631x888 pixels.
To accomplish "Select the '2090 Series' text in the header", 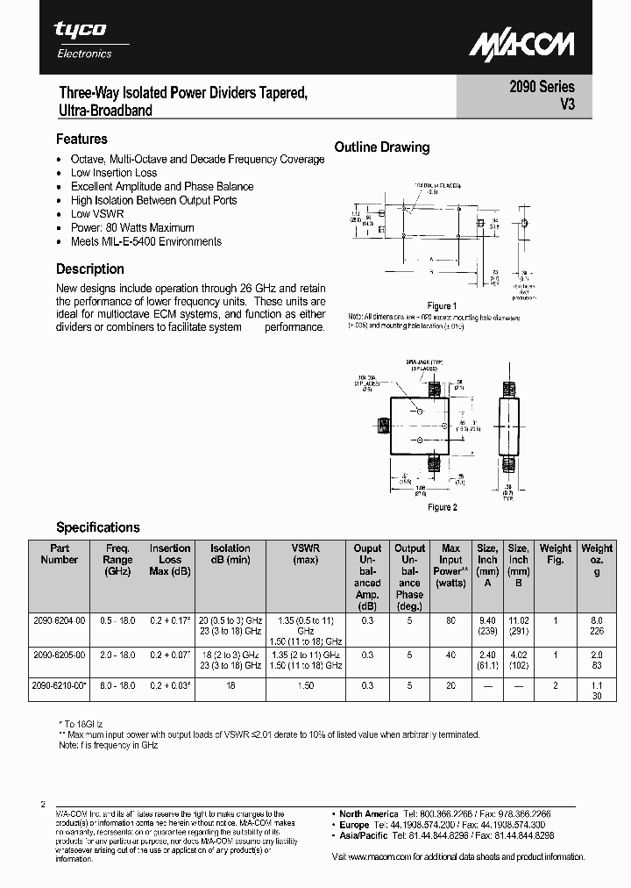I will (542, 87).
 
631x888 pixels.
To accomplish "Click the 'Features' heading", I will (82, 139).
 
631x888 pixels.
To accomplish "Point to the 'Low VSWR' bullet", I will (96, 214).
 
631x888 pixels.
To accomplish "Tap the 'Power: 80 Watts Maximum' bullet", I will (132, 228).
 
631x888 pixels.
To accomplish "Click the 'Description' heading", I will (90, 269).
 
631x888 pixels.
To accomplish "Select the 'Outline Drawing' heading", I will (382, 147).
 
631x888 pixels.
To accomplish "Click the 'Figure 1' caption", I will (442, 306).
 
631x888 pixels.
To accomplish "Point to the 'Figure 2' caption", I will (442, 507).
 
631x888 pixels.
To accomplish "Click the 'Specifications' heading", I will (98, 527).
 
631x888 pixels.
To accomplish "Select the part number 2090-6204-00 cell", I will (60, 619).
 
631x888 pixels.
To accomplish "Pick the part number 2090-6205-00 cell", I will (60, 655).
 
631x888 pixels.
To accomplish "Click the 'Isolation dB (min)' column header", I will (230, 554).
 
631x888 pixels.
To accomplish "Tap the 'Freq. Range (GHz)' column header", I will (117, 559).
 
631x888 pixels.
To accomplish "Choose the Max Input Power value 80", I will (450, 619).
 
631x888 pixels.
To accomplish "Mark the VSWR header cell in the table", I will (305, 554).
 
